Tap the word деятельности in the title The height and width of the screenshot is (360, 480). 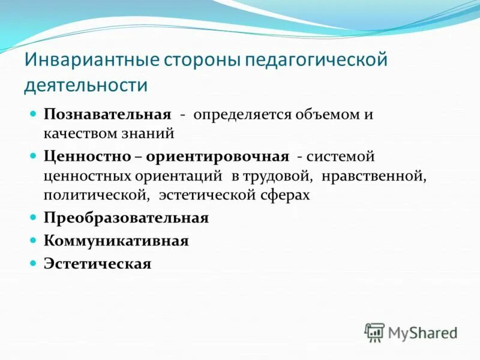[x=85, y=84]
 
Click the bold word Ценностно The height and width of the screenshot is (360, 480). [x=86, y=157]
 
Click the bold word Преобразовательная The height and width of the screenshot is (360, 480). [x=126, y=218]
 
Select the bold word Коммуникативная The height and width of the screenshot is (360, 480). [x=116, y=241]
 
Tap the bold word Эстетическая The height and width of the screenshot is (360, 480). [x=97, y=263]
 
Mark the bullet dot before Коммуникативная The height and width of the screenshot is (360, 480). [x=34, y=240]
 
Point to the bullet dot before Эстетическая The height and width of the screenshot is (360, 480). [x=34, y=263]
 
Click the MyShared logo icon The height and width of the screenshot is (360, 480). [x=374, y=332]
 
